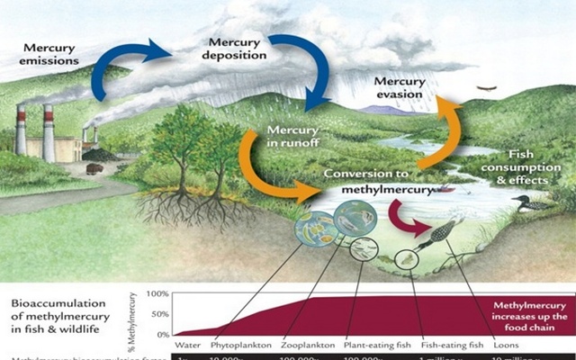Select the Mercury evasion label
(397, 88)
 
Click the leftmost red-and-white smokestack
(21, 130)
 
